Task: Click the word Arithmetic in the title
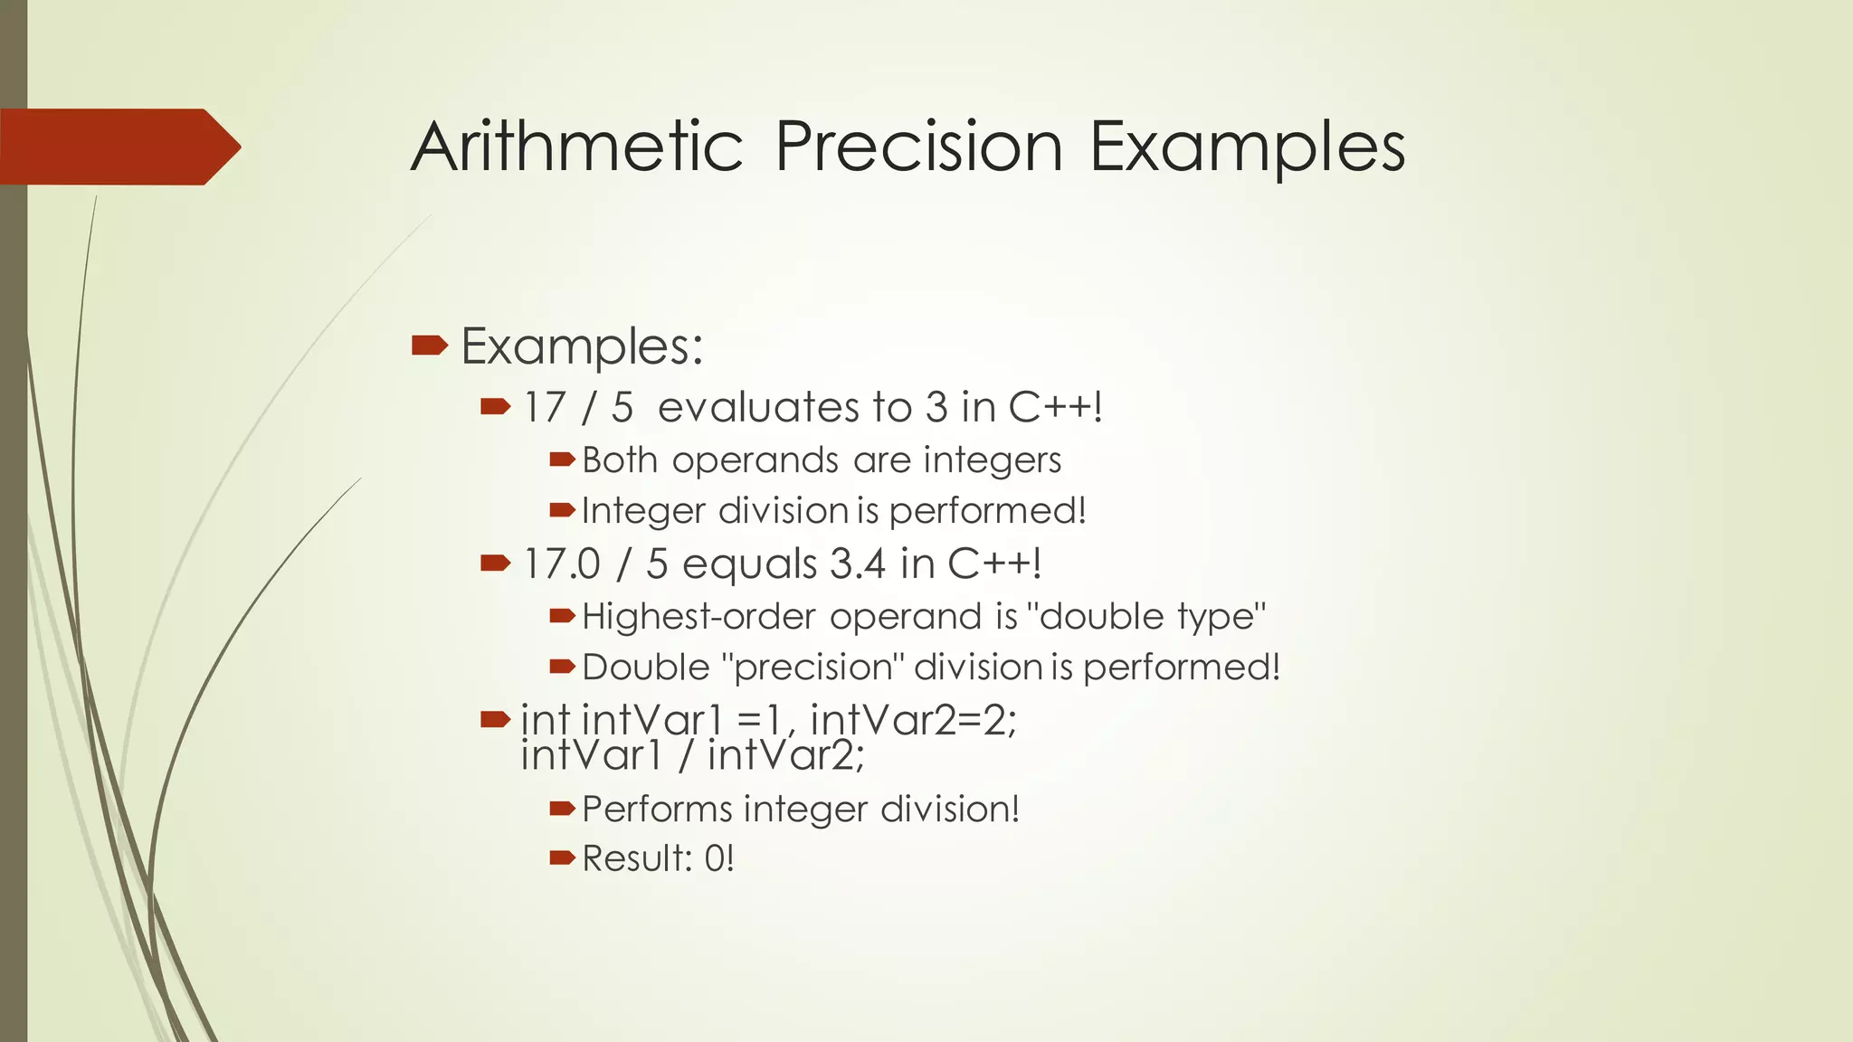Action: (x=576, y=147)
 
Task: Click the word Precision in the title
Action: (x=918, y=147)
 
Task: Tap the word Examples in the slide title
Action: (x=1247, y=148)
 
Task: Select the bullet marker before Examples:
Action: (x=429, y=345)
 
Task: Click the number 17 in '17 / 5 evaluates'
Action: (x=544, y=407)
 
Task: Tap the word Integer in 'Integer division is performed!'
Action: (x=643, y=512)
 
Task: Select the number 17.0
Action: (x=561, y=564)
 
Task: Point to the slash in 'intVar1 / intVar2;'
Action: (x=686, y=755)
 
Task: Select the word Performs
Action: (x=656, y=809)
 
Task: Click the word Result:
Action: (x=636, y=858)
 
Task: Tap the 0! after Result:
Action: (x=718, y=858)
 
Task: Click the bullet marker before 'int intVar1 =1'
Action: (x=495, y=720)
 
